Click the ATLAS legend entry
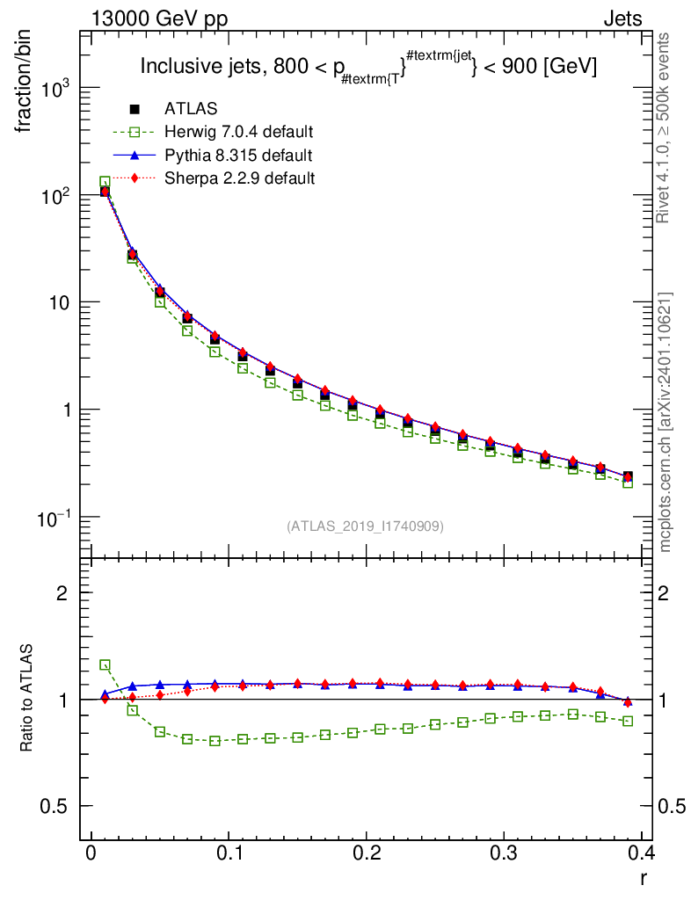point(191,109)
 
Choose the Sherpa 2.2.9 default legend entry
point(240,178)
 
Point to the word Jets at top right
point(622,18)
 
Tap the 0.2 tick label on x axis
point(367,854)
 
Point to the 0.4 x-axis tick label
point(642,854)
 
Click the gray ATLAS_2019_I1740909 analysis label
point(365,526)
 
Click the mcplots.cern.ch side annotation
point(666,422)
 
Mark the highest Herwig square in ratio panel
point(105,665)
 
